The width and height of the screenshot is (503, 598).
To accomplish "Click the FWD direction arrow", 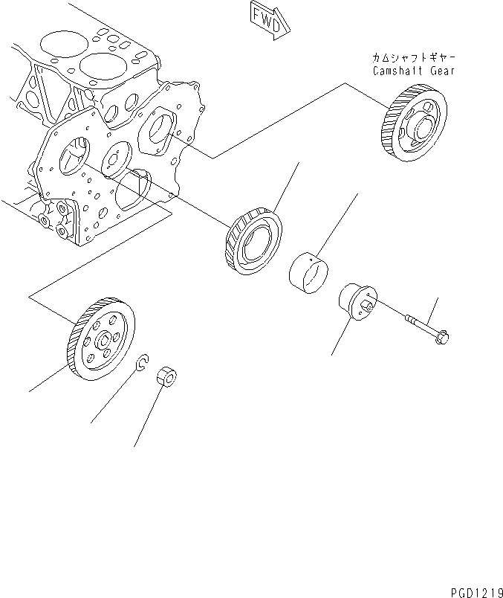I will (x=264, y=20).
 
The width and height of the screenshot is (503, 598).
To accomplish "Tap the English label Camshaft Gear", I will (x=413, y=71).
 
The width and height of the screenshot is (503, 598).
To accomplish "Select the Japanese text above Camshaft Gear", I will (x=413, y=58).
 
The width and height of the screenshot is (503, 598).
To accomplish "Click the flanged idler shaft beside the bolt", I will (x=355, y=303).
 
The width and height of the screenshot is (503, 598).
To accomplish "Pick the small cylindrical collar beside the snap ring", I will (x=166, y=375).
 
